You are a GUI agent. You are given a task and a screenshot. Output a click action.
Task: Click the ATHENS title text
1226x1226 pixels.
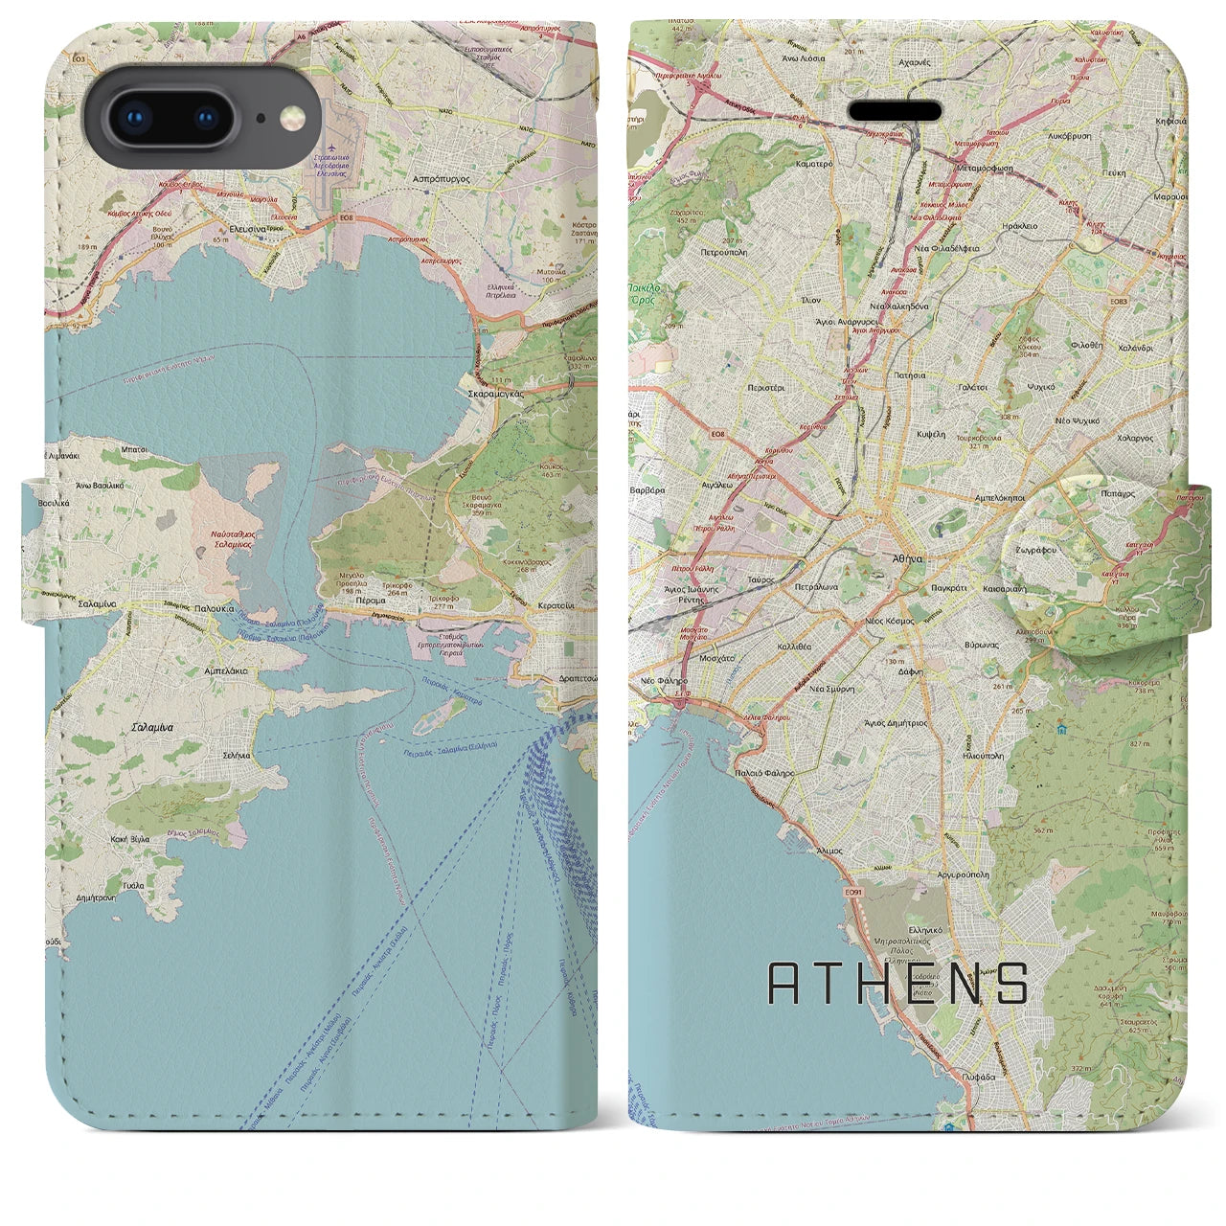click(898, 983)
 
